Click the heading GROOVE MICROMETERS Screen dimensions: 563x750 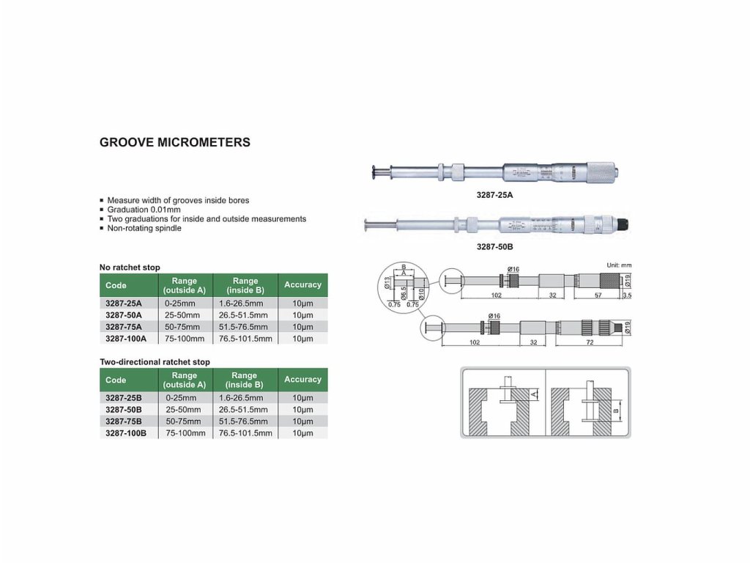click(174, 142)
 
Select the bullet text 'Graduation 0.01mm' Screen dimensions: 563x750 click(144, 210)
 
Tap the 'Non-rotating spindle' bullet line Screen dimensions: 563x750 click(144, 228)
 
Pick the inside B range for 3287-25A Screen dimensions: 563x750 click(245, 303)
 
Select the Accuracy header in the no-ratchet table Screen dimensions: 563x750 click(302, 284)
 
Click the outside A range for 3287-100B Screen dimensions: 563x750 click(184, 433)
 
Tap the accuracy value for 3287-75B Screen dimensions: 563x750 click(302, 422)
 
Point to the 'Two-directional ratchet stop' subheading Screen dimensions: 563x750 click(155, 361)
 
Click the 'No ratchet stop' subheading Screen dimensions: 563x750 click(130, 267)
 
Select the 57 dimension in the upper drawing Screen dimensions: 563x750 click(598, 294)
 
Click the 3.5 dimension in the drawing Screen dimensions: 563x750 click(626, 295)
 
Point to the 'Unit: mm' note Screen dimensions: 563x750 click(619, 265)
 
